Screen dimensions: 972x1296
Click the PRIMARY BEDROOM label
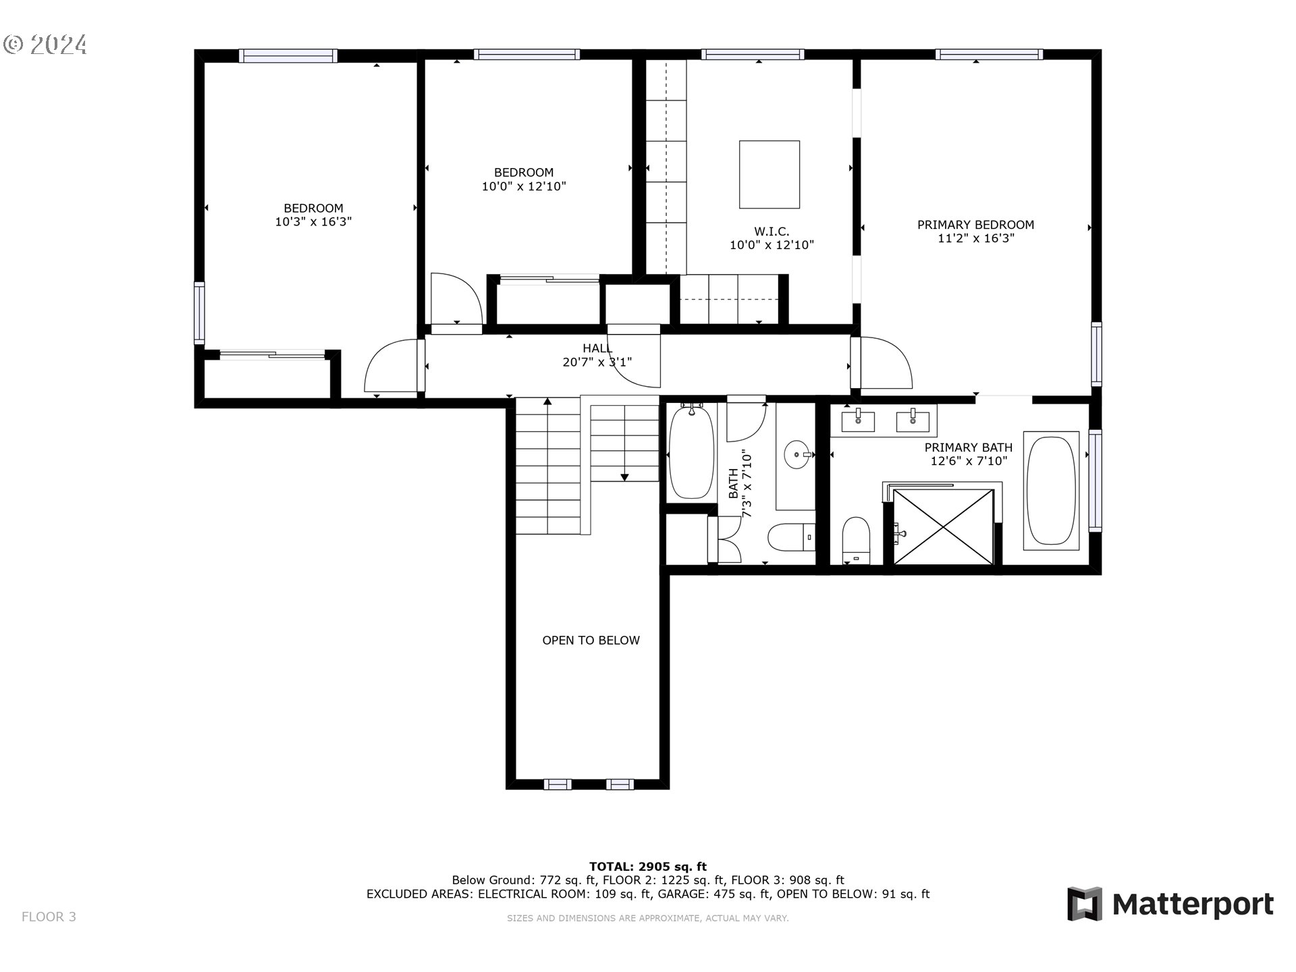pyautogui.click(x=975, y=225)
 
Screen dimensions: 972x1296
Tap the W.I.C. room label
pyautogui.click(x=772, y=232)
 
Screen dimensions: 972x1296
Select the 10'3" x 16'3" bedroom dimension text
pyautogui.click(x=313, y=221)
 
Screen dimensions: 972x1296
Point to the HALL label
pyautogui.click(x=597, y=348)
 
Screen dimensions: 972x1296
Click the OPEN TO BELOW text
pyautogui.click(x=591, y=640)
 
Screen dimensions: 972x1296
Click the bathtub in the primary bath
pyautogui.click(x=1050, y=491)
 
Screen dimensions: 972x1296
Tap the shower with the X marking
pyautogui.click(x=943, y=527)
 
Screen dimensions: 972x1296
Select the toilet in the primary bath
pyautogui.click(x=856, y=540)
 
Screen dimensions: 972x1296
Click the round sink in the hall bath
pyautogui.click(x=799, y=454)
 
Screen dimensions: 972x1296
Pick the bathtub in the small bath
pyautogui.click(x=691, y=452)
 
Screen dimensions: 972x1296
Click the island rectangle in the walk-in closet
pyautogui.click(x=769, y=174)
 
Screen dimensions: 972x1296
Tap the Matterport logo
pyautogui.click(x=1170, y=904)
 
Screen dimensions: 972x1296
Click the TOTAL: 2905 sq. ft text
pyautogui.click(x=647, y=867)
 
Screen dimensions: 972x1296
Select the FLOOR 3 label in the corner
pyautogui.click(x=49, y=917)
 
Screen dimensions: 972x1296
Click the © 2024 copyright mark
pyautogui.click(x=45, y=45)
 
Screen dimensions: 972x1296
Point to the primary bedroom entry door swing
pyautogui.click(x=886, y=364)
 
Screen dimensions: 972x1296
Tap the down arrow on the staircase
pyautogui.click(x=624, y=477)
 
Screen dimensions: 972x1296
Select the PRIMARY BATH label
pyautogui.click(x=968, y=448)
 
